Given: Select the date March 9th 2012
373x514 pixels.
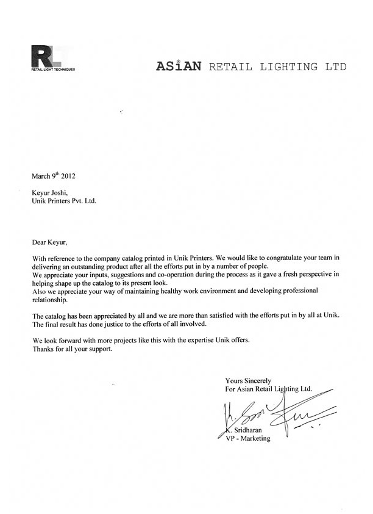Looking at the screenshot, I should point(54,176).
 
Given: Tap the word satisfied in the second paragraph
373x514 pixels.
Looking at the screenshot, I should point(211,314).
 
